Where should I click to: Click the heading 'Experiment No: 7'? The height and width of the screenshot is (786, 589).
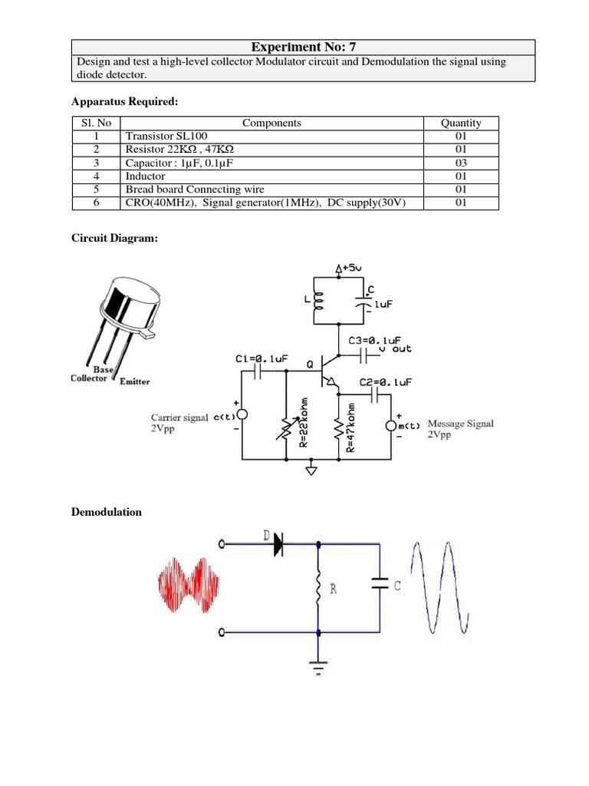click(303, 47)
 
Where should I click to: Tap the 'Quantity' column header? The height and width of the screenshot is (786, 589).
click(461, 123)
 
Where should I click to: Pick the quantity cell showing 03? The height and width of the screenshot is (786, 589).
click(461, 163)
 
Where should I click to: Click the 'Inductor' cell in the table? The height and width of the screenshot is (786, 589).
click(145, 176)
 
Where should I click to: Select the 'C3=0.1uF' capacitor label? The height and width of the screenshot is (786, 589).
click(375, 340)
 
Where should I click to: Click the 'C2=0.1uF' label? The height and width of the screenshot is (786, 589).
click(386, 382)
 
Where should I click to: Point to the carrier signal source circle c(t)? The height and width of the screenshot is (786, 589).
click(242, 414)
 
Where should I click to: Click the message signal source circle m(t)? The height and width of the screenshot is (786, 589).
click(391, 424)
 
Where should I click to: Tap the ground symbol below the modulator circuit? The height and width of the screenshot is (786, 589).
click(311, 469)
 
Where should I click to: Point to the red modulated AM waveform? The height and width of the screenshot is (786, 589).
click(189, 586)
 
